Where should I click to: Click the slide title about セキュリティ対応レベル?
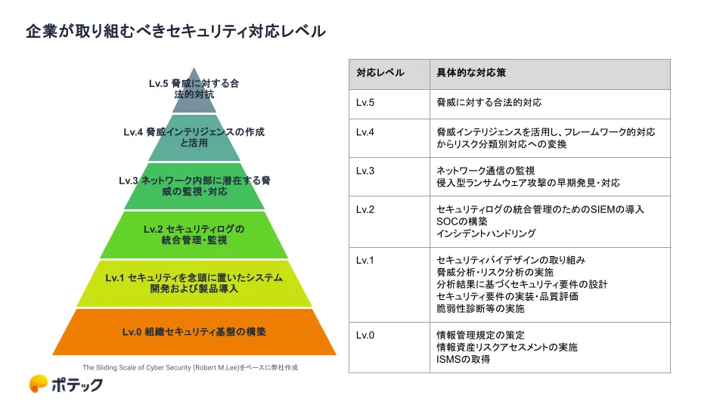(x=176, y=32)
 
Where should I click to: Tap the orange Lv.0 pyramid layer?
(x=194, y=332)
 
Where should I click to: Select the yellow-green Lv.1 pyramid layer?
(x=194, y=283)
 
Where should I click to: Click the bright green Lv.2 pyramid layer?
(x=194, y=234)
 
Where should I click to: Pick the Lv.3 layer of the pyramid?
(x=194, y=186)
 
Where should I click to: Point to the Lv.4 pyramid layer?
(x=194, y=138)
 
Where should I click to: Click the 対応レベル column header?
(x=380, y=73)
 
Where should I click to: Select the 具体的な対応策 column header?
(x=471, y=73)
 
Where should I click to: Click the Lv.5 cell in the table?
(x=365, y=103)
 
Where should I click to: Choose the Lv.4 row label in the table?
(x=365, y=132)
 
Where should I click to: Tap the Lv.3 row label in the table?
(x=365, y=172)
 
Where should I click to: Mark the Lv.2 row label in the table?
(x=365, y=209)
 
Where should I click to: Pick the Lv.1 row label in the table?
(x=365, y=261)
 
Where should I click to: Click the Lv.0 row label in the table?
(x=365, y=335)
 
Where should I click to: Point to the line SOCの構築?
(x=461, y=221)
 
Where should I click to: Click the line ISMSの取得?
(x=463, y=360)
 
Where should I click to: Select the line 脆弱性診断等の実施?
(x=480, y=308)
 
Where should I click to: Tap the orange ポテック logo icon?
(x=38, y=384)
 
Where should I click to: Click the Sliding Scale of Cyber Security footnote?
(x=191, y=368)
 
